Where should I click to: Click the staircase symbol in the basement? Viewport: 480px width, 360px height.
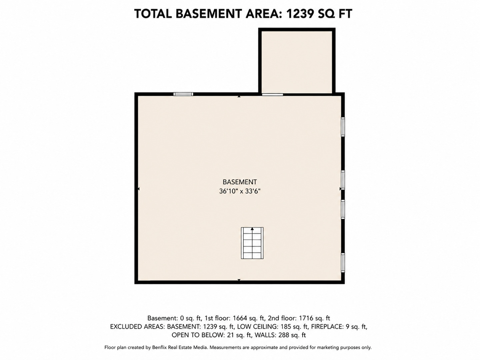point(252,243)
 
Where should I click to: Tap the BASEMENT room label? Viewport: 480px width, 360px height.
point(240,182)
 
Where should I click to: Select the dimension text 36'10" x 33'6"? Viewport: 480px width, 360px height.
point(240,191)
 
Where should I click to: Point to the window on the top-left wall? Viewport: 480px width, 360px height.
point(183,94)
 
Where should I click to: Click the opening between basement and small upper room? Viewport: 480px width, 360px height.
point(272,94)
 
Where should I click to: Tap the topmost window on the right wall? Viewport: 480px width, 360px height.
point(343,127)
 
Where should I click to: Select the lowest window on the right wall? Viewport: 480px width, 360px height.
point(343,263)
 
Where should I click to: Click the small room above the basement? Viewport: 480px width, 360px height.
point(297,62)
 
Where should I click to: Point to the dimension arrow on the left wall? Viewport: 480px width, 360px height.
point(138,189)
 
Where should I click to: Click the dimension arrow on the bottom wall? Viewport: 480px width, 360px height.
point(239,280)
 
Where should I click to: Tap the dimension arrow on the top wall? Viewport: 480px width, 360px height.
point(239,96)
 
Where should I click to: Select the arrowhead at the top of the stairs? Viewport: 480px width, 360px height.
point(252,229)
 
